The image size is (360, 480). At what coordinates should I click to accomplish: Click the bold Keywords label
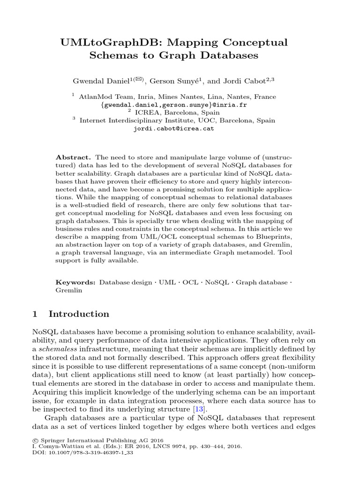pyautogui.click(x=75, y=282)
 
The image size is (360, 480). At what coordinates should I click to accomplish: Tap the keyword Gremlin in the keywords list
pyautogui.click(x=68, y=290)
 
